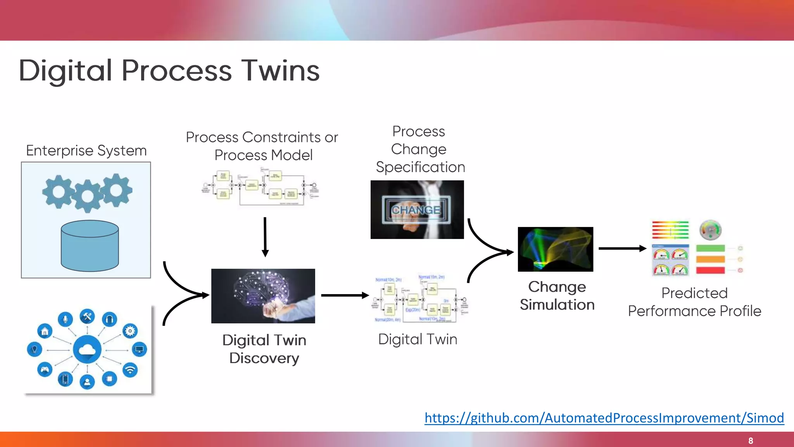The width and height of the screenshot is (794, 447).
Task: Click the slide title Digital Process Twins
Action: click(169, 71)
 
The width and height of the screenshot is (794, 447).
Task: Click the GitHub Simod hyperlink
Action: click(604, 418)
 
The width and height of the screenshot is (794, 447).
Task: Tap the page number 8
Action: click(751, 441)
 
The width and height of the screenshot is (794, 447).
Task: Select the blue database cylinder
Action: click(90, 246)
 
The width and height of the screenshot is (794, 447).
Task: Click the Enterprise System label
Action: click(86, 151)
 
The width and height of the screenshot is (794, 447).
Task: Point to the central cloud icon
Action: click(87, 350)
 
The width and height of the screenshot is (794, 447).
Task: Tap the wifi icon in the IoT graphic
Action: click(130, 370)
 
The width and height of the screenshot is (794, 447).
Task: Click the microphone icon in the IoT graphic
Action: click(65, 319)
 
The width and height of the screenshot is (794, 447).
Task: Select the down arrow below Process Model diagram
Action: click(265, 237)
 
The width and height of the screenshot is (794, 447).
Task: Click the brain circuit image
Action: click(263, 296)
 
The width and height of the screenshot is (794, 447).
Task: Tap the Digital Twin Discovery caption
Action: click(264, 349)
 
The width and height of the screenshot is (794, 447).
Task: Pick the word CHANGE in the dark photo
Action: click(416, 210)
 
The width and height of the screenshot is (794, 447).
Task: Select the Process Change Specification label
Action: click(419, 149)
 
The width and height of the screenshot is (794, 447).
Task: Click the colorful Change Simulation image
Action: click(555, 249)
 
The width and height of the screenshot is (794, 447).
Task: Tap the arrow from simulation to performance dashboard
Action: click(622, 248)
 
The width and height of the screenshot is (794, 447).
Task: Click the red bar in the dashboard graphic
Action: click(710, 270)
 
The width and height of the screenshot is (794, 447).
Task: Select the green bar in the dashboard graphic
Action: click(710, 248)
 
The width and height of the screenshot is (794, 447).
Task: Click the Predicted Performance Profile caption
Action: click(694, 302)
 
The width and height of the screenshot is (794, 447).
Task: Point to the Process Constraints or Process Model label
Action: click(262, 146)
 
